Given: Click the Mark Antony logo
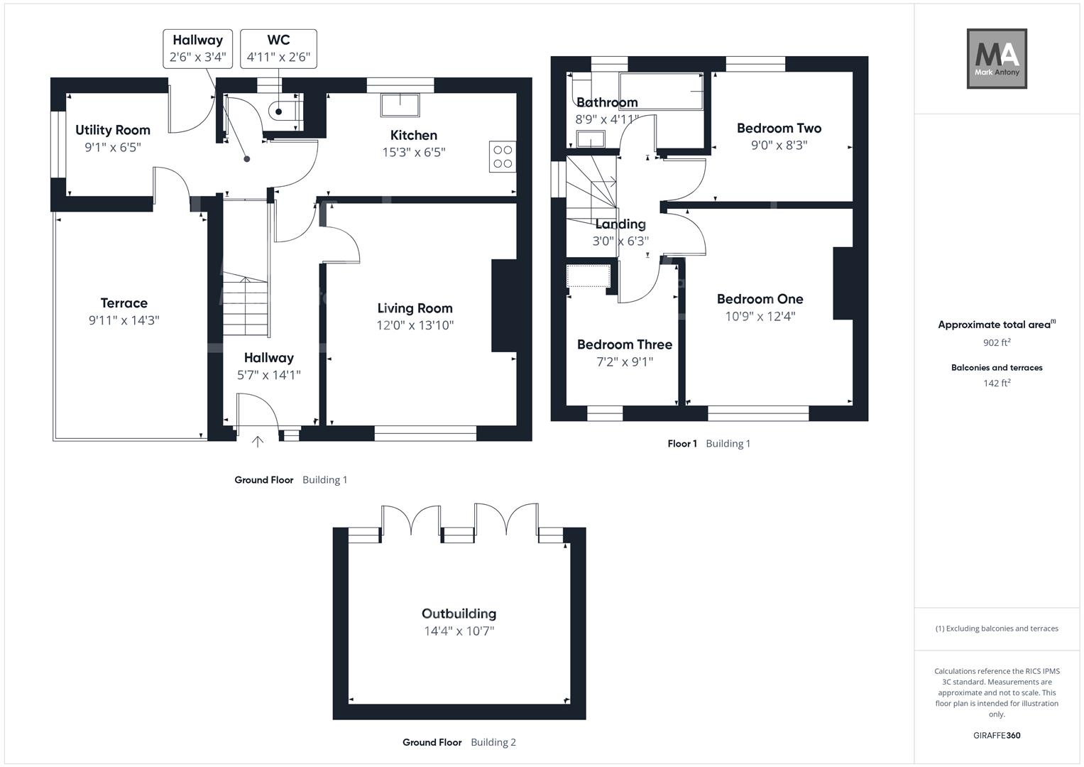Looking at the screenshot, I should click(x=997, y=58).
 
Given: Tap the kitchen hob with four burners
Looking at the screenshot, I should click(x=503, y=157).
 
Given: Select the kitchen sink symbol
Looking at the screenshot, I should click(x=400, y=105).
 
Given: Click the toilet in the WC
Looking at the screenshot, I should click(x=283, y=111).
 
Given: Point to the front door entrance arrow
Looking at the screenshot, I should click(x=258, y=442).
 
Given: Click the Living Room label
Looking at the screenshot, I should click(x=415, y=308).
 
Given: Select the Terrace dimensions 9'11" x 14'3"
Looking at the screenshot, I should click(x=124, y=320).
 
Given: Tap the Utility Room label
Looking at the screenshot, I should click(x=113, y=130).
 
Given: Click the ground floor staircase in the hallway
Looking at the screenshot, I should click(x=246, y=307).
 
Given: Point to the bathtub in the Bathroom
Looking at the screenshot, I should click(x=661, y=90).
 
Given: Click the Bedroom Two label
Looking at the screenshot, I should click(x=779, y=129).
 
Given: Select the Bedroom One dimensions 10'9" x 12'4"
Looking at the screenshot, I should click(x=760, y=317).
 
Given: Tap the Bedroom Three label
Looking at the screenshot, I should click(x=624, y=344).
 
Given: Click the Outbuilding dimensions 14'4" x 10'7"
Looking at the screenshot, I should click(x=459, y=631).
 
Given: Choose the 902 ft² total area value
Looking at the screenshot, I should click(x=997, y=342).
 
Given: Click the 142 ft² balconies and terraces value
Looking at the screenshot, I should click(x=997, y=383).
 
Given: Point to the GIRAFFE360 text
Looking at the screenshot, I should click(x=997, y=735).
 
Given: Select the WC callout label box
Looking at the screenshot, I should click(x=278, y=49).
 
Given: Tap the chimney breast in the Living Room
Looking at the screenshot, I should click(x=503, y=305).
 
